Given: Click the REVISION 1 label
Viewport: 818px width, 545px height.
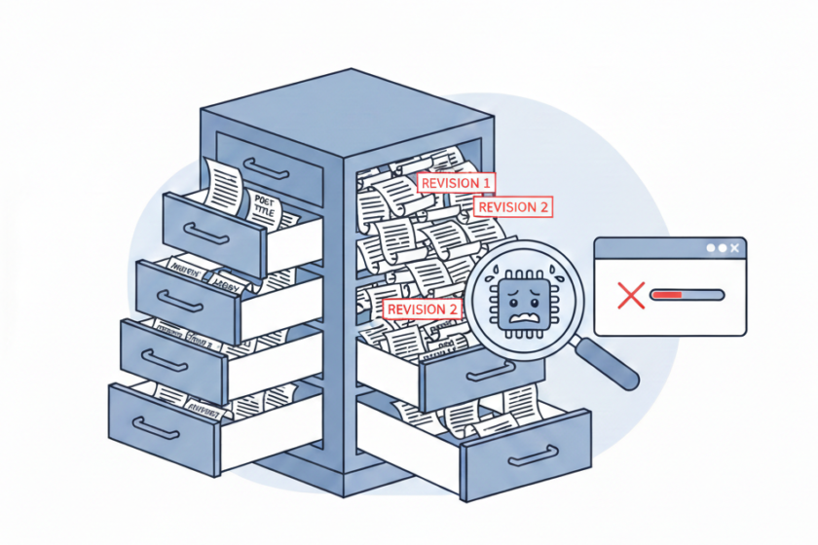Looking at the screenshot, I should pos(455,182).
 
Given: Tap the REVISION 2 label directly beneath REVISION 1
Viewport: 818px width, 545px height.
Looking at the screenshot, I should pos(514,206).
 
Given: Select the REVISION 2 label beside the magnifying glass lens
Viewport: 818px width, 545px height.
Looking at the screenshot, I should pos(424,309).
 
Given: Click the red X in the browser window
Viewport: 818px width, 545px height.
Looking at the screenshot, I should pos(631,294).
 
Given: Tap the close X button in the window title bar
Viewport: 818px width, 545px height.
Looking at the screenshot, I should pos(734,249).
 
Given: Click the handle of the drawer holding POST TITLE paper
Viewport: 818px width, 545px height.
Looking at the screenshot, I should pos(207,234).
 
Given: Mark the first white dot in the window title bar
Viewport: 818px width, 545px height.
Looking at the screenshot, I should pos(711,249).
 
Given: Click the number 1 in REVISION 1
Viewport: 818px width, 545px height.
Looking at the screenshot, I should pos(485,182).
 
